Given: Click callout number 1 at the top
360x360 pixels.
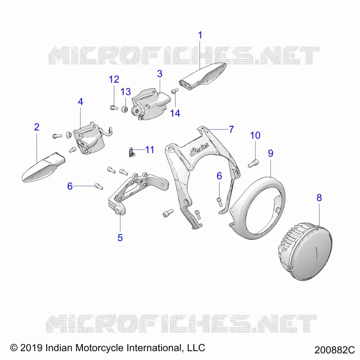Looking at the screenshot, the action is click(200, 35).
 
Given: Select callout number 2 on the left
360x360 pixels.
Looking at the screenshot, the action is click(37, 127).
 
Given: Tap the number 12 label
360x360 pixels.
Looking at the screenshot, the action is click(114, 80).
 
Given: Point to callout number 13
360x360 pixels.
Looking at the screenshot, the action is click(126, 92).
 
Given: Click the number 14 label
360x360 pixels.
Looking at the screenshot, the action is click(175, 113).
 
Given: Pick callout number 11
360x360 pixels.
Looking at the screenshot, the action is click(150, 150).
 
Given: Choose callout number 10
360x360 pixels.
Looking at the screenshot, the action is click(255, 135).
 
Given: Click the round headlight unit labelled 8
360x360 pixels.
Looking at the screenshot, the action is click(306, 251).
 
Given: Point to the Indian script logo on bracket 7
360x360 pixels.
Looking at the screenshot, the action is click(199, 151).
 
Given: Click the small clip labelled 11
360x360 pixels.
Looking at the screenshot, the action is click(131, 153).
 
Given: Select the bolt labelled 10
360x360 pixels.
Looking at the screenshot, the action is click(253, 163).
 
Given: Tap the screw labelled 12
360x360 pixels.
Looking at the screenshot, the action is click(114, 108).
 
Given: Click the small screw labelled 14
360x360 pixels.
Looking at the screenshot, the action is click(175, 91).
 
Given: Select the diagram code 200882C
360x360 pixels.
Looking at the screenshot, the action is click(334, 350).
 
